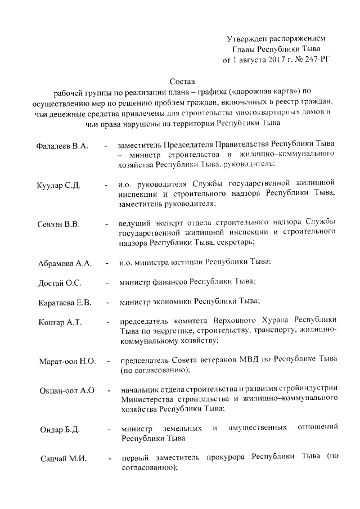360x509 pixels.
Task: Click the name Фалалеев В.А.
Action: pyautogui.click(x=61, y=146)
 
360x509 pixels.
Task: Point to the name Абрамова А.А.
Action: pyautogui.click(x=64, y=263)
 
